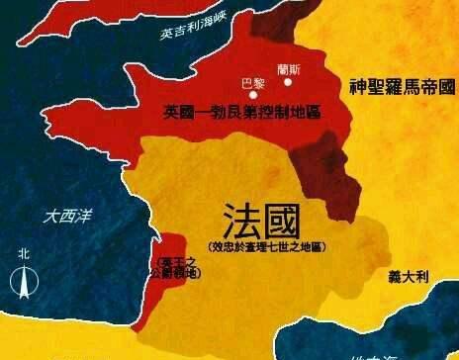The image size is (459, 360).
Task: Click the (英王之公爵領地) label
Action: click(171, 268)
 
